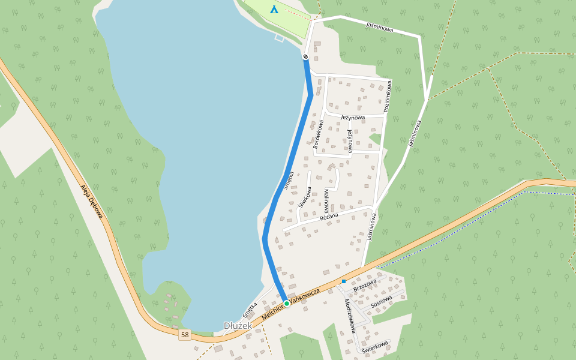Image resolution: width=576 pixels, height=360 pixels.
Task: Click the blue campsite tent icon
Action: click(x=274, y=9)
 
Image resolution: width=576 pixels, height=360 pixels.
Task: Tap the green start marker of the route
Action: click(x=287, y=304)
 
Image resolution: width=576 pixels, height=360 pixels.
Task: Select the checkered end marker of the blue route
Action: click(x=305, y=57)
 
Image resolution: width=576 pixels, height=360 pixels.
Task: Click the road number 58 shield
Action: click(x=185, y=334)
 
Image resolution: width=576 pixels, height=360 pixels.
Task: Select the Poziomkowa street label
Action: click(x=388, y=96)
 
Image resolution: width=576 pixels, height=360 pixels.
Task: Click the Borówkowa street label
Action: click(x=319, y=134)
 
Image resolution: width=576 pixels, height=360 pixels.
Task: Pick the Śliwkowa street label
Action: click(x=304, y=197)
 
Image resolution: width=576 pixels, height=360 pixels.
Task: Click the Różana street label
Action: click(x=329, y=216)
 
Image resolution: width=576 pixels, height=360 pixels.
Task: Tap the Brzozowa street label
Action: click(x=365, y=285)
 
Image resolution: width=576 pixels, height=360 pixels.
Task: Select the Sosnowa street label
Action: click(x=381, y=301)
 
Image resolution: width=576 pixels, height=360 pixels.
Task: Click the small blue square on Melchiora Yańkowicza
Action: click(x=344, y=281)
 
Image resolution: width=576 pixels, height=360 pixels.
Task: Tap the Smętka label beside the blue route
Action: click(x=288, y=181)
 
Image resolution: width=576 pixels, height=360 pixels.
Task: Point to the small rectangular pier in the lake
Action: click(x=279, y=38)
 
